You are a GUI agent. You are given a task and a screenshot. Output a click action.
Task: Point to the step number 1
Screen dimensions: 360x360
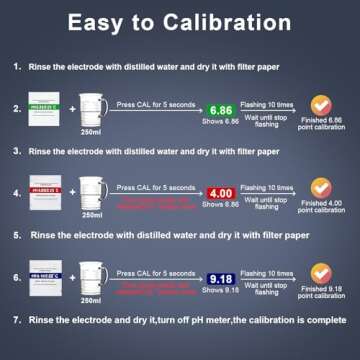point(18,67)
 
